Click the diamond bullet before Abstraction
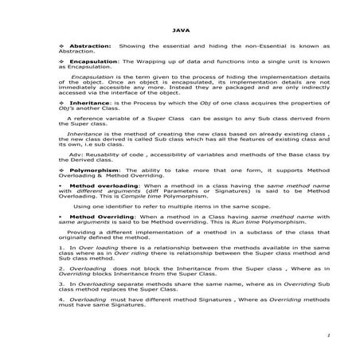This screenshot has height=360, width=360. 63,47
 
